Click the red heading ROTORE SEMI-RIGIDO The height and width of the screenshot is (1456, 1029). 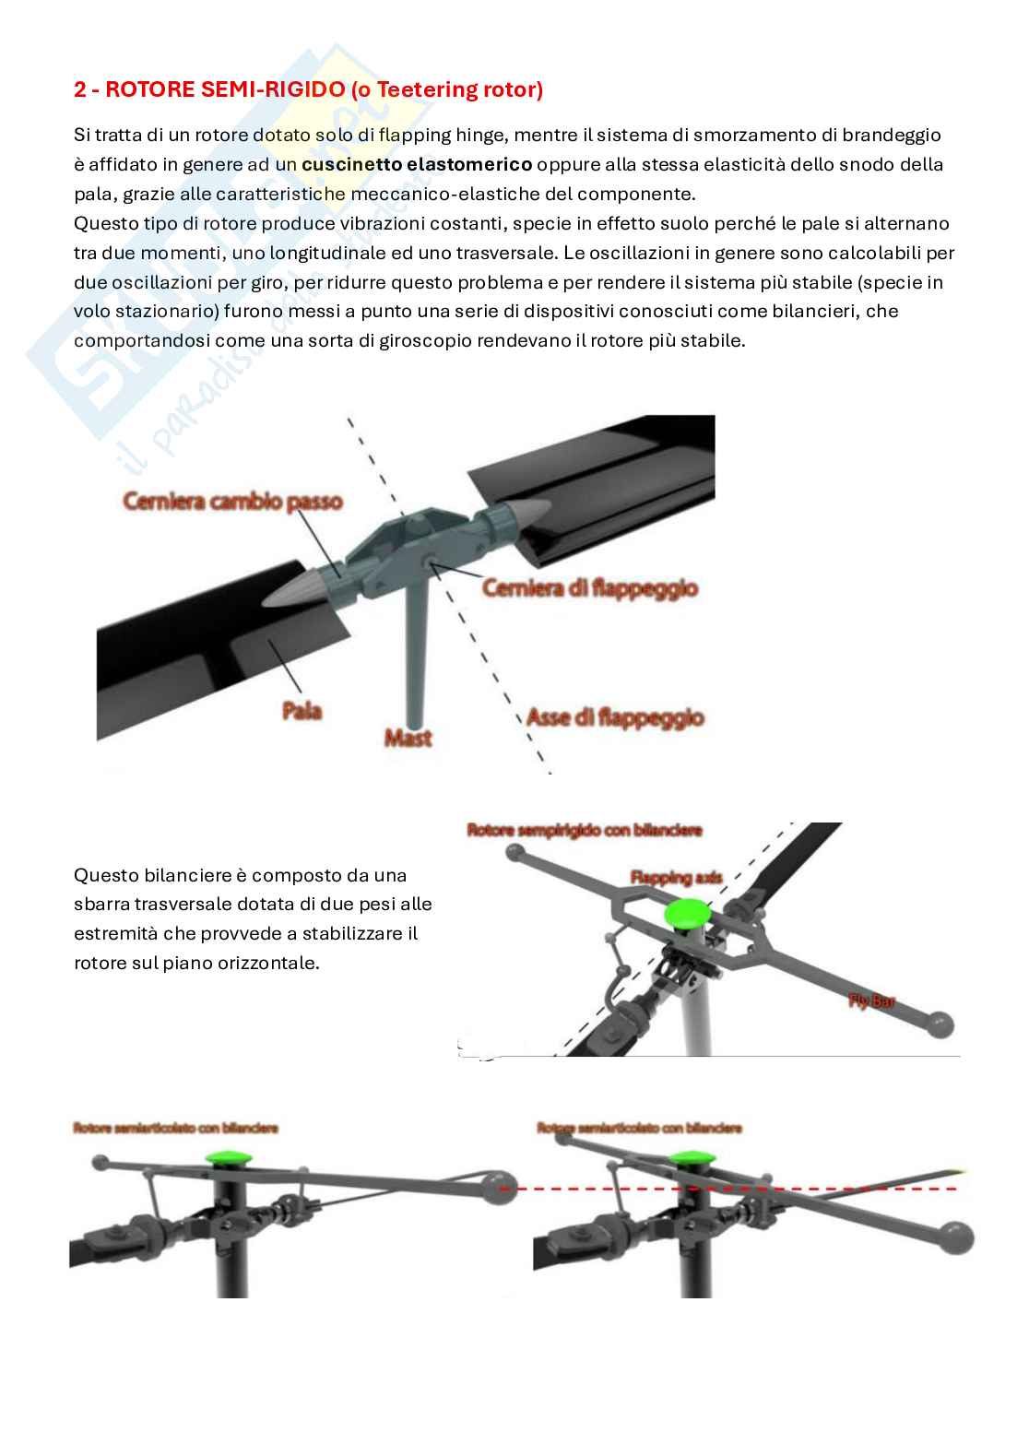click(x=308, y=89)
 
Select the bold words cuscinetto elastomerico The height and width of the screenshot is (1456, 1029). click(x=417, y=164)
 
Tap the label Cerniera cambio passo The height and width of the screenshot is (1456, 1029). click(x=232, y=502)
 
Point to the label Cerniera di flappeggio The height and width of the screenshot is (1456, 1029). click(x=590, y=587)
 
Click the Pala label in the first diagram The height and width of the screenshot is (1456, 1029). click(x=302, y=710)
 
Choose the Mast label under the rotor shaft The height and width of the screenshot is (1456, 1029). click(x=408, y=738)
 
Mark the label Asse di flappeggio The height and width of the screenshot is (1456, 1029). click(x=615, y=717)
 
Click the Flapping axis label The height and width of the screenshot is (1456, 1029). click(x=677, y=876)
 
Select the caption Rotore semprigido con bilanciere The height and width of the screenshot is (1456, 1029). click(x=585, y=831)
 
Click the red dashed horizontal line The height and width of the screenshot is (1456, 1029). click(x=738, y=1190)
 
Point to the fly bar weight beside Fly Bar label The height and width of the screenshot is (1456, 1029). click(x=940, y=1024)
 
